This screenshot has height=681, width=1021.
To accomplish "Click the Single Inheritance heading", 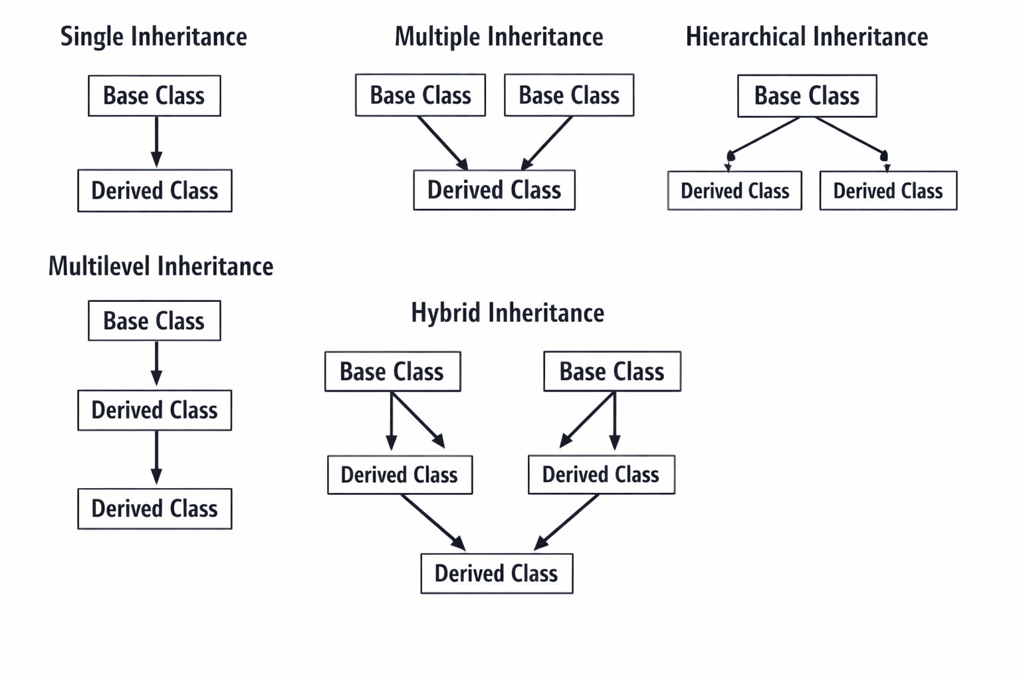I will (x=154, y=37).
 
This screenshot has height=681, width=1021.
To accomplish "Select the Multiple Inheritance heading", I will (x=499, y=37).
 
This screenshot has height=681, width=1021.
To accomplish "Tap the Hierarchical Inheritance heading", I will (x=806, y=37).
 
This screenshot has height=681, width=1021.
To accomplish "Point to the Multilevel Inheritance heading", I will (x=161, y=266).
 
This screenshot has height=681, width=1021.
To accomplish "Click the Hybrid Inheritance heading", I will (x=507, y=313).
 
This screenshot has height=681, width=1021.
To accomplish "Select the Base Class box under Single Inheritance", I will (x=154, y=96).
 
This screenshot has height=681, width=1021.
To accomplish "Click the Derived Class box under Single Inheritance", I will (x=154, y=191).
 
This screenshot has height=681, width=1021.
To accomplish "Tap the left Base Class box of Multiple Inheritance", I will (x=420, y=96).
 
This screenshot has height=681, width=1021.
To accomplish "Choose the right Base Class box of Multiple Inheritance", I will (x=569, y=96).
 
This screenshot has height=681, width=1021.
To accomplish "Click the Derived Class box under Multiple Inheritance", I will (x=494, y=190).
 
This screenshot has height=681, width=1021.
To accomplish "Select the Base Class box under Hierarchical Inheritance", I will (x=807, y=96).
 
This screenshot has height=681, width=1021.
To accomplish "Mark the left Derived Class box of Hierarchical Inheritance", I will (x=735, y=191).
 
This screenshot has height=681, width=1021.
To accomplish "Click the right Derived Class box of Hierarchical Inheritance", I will (x=888, y=191).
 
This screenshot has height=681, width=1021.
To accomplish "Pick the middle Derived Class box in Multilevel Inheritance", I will (x=154, y=410).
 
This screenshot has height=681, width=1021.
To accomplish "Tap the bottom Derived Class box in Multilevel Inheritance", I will (x=154, y=509).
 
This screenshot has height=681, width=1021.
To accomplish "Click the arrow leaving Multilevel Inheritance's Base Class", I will (x=156, y=364).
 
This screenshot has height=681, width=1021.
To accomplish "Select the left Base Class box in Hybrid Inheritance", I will (x=392, y=371).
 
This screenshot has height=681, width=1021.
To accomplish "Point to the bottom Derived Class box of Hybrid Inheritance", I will (x=497, y=573).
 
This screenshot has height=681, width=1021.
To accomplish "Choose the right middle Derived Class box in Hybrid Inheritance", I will (x=601, y=475).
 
